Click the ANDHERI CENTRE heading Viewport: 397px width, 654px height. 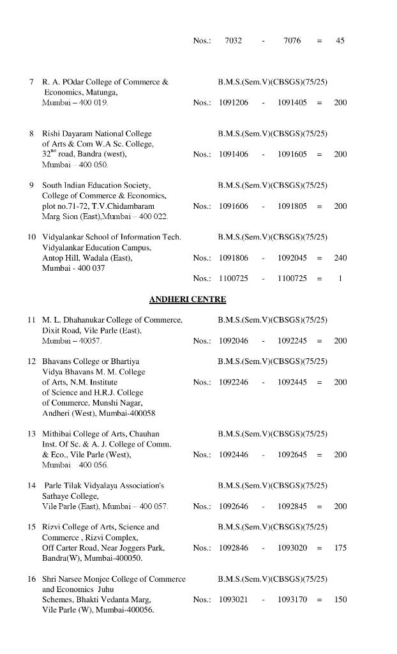tap(188, 299)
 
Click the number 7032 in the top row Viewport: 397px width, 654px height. tap(234, 41)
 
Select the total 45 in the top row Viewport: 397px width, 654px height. tap(340, 41)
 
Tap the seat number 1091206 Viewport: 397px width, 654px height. tap(234, 103)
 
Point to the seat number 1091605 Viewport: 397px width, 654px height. tap(292, 155)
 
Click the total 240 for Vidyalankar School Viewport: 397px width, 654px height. tap(340, 258)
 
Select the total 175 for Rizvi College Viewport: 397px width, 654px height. tap(340, 548)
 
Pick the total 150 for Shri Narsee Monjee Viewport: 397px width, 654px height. tap(340, 600)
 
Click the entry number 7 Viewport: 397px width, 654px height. tap(31, 82)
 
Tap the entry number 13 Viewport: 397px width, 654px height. tap(31, 434)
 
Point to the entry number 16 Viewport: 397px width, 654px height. tap(31, 579)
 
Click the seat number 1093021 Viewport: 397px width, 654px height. tap(234, 600)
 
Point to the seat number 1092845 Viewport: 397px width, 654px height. tap(292, 506)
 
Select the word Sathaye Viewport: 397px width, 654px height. tap(56, 496)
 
